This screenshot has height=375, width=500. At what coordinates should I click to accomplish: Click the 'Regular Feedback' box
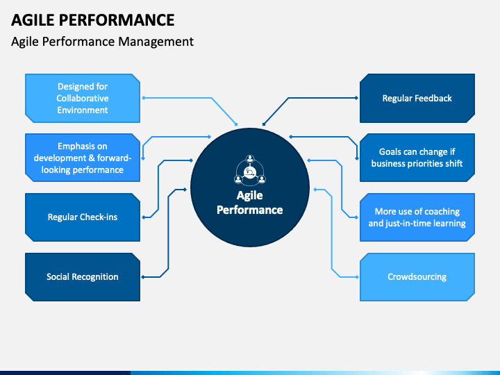point(417,98)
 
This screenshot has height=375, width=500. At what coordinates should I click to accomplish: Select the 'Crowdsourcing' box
point(417,276)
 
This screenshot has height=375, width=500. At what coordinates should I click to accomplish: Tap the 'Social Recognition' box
point(83,276)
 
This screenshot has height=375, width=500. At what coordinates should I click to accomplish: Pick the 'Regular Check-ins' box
point(83,217)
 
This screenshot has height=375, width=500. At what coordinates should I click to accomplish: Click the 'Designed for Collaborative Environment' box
point(83,98)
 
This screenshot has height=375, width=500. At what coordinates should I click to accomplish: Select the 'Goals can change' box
point(417,158)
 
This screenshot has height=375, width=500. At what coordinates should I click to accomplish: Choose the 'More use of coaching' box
point(417,217)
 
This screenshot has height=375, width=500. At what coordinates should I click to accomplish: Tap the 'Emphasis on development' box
point(83,158)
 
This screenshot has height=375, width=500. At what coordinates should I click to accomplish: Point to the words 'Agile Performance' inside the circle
point(250,202)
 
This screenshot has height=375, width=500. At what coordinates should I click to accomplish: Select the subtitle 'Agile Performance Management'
point(103,41)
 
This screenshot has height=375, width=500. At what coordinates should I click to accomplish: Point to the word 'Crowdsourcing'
point(417,276)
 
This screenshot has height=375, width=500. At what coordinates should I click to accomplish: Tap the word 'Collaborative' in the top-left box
point(83,98)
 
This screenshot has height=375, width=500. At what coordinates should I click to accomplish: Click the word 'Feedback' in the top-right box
point(433,98)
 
